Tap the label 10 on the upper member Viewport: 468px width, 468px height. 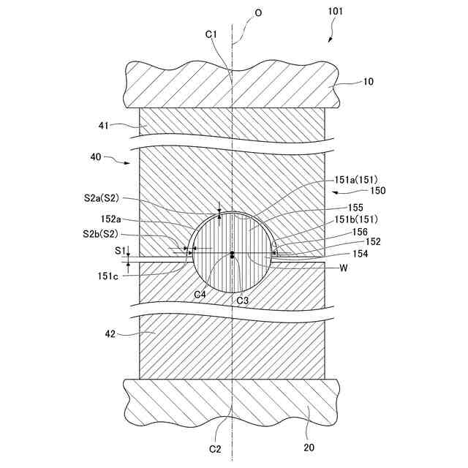coord(367,82)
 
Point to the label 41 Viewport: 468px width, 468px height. coord(104,125)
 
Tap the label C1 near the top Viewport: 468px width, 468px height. coord(211,34)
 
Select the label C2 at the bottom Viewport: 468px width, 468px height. coord(215,448)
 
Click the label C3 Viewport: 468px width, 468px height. coord(243,299)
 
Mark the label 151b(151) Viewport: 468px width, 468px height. coord(355,218)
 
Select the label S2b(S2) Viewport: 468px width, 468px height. coord(100,235)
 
